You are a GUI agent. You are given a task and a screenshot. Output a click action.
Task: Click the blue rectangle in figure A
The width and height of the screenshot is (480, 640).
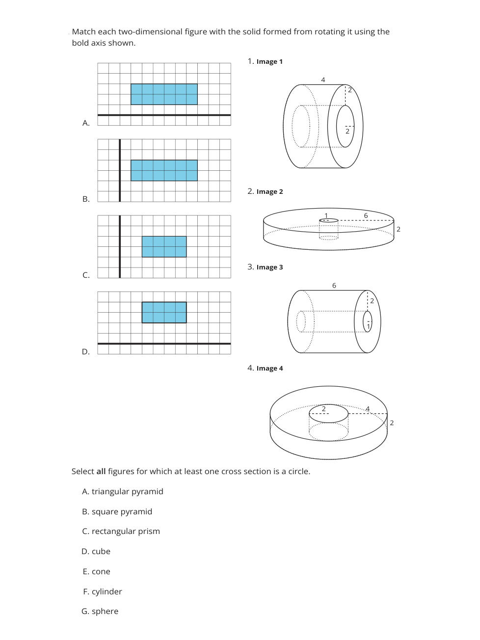pos(164,94)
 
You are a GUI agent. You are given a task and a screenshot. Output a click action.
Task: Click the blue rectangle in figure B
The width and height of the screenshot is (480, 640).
pos(164,170)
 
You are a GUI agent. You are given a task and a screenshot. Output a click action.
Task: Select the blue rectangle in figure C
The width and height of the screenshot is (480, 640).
pos(164,246)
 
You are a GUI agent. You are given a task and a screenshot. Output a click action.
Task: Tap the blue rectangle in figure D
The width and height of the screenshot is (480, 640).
pos(164,312)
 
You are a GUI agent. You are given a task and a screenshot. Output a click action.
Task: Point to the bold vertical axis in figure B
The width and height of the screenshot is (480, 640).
pos(120,170)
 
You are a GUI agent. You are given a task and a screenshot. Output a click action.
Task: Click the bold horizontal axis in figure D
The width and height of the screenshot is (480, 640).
pos(164,344)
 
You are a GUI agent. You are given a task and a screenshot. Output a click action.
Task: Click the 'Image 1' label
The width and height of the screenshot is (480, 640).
pos(269,62)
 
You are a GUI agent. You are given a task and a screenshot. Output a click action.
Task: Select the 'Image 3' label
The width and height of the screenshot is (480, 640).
pos(269,267)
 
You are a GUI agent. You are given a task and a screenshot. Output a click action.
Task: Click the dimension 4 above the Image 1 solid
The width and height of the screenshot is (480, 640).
pos(323,80)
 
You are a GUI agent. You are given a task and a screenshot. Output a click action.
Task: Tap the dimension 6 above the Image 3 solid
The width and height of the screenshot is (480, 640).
pos(334,286)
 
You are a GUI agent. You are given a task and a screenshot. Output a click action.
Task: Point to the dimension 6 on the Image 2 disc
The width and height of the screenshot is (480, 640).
pos(366,215)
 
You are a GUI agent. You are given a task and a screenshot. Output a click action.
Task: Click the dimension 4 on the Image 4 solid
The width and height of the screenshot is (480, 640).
pos(367,409)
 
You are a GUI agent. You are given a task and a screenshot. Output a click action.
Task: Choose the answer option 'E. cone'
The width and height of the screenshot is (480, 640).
pos(97,571)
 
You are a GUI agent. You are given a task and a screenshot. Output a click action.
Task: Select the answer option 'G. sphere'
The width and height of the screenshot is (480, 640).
pos(100,611)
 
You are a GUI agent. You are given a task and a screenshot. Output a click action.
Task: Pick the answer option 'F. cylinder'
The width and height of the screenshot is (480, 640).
pos(103,591)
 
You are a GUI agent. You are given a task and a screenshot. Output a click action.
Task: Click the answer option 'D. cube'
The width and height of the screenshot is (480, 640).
pos(96,551)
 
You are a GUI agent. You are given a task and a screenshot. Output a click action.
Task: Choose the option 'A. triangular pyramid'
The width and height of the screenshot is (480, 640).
pos(123,491)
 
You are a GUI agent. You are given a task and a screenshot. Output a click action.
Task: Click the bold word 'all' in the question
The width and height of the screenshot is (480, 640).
pos(101,471)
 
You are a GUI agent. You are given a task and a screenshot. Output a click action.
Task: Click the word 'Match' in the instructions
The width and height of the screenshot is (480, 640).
pos(83,31)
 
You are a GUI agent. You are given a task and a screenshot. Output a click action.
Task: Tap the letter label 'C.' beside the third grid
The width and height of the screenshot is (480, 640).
pos(86,275)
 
